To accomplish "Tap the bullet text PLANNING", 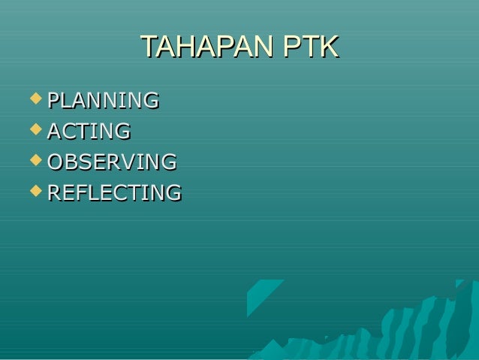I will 103,100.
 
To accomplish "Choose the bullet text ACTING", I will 89,131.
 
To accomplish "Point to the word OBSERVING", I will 112,162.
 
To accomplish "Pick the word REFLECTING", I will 114,192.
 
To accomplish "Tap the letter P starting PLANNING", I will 53,100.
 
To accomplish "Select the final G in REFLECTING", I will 173,192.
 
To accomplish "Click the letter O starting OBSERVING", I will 56,162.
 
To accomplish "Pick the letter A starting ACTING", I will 54,131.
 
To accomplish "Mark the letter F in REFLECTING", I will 83,192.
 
